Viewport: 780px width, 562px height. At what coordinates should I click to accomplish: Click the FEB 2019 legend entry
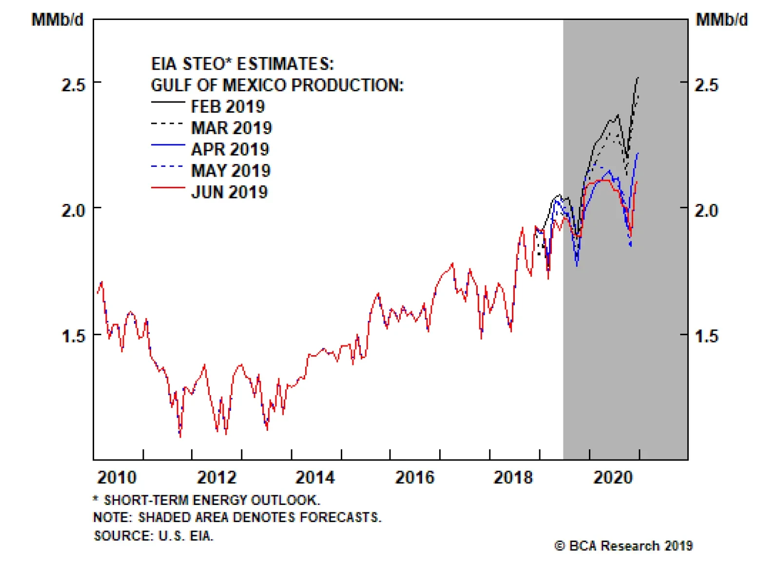tap(228, 106)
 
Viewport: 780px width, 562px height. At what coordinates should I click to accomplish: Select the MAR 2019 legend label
tap(231, 128)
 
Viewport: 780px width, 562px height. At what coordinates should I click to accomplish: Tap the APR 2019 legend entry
tap(230, 149)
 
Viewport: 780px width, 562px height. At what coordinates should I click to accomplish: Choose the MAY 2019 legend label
tap(231, 171)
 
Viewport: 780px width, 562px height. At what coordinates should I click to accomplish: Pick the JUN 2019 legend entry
tap(229, 192)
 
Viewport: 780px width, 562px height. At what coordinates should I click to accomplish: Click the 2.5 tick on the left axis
tap(73, 85)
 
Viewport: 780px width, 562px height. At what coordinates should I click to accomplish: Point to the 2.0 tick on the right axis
tap(706, 210)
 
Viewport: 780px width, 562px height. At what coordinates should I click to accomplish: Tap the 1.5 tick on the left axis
tap(73, 336)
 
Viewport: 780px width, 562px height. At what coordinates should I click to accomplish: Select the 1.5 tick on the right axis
tap(706, 336)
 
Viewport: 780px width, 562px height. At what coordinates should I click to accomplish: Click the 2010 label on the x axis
tap(117, 477)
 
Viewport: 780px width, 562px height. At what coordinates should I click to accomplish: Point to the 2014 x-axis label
tap(315, 477)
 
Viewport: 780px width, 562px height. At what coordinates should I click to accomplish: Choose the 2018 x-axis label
tap(513, 477)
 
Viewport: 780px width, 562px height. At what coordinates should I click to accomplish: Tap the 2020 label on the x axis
tap(613, 477)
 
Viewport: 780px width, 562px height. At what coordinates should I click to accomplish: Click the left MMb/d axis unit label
tap(58, 20)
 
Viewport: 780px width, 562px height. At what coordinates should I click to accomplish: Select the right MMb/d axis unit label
tap(721, 20)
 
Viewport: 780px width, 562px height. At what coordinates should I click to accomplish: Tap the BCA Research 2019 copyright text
tap(624, 546)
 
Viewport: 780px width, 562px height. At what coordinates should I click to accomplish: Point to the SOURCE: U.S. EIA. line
tap(154, 536)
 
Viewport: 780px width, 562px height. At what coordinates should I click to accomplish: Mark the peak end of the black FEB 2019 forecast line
tap(638, 78)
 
